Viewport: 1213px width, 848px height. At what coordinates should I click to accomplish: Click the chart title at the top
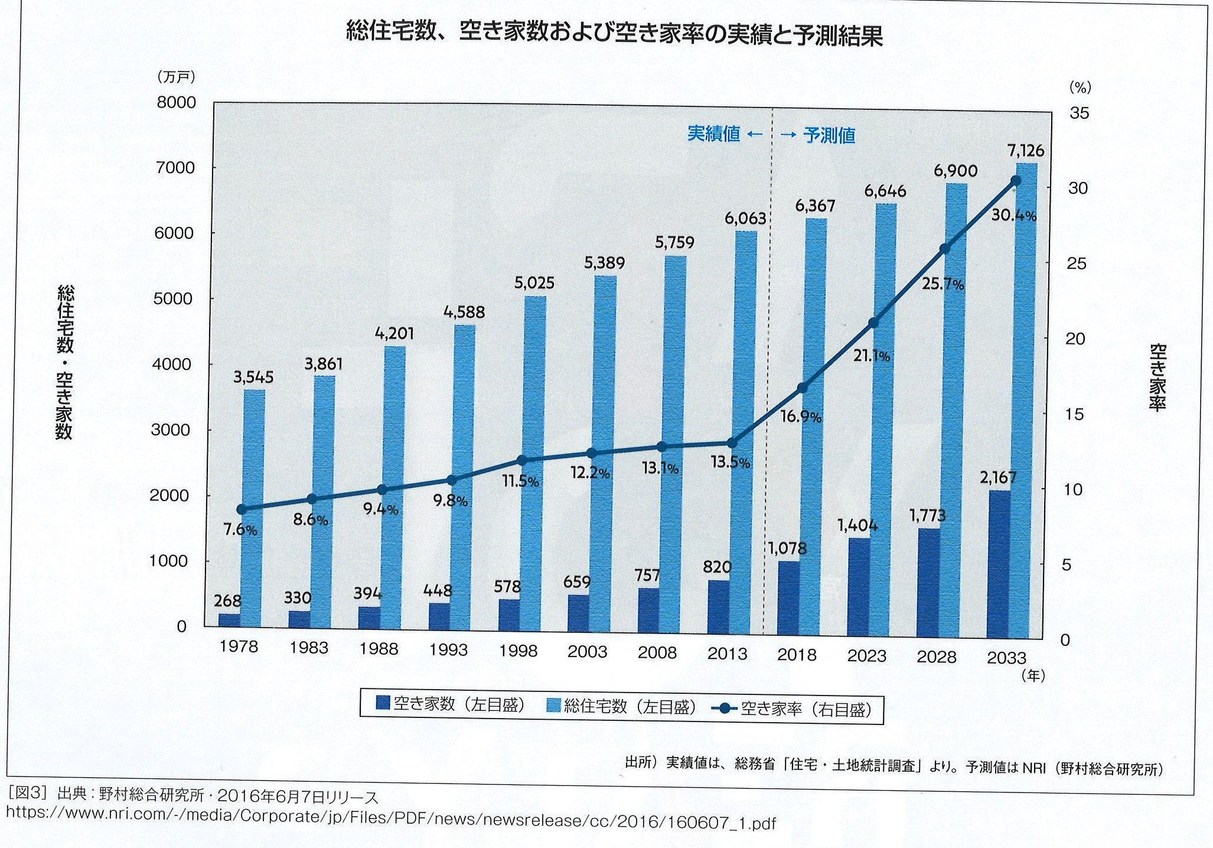point(614,34)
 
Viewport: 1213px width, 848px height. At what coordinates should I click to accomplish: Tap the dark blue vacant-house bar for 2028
point(928,582)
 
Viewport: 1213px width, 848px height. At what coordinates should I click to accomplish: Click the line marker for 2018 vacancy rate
point(803,388)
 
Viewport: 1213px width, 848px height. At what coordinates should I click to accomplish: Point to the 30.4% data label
point(1013,216)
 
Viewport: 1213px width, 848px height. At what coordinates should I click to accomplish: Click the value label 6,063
point(745,219)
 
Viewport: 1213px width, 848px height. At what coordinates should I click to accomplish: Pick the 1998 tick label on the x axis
point(518,651)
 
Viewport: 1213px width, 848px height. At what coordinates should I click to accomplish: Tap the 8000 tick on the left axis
point(176,102)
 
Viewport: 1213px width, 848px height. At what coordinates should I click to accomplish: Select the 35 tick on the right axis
point(1079,113)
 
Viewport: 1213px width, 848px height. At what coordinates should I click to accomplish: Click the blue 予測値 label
point(829,136)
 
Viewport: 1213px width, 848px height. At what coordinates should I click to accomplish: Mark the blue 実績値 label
point(713,134)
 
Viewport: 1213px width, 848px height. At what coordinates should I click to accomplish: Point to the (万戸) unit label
point(176,77)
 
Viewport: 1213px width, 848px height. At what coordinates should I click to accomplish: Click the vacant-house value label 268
point(227,601)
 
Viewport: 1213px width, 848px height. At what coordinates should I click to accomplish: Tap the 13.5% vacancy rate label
point(730,462)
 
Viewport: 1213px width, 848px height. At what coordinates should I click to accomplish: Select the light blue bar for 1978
point(254,508)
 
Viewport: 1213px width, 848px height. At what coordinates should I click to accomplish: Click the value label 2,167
point(998,477)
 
